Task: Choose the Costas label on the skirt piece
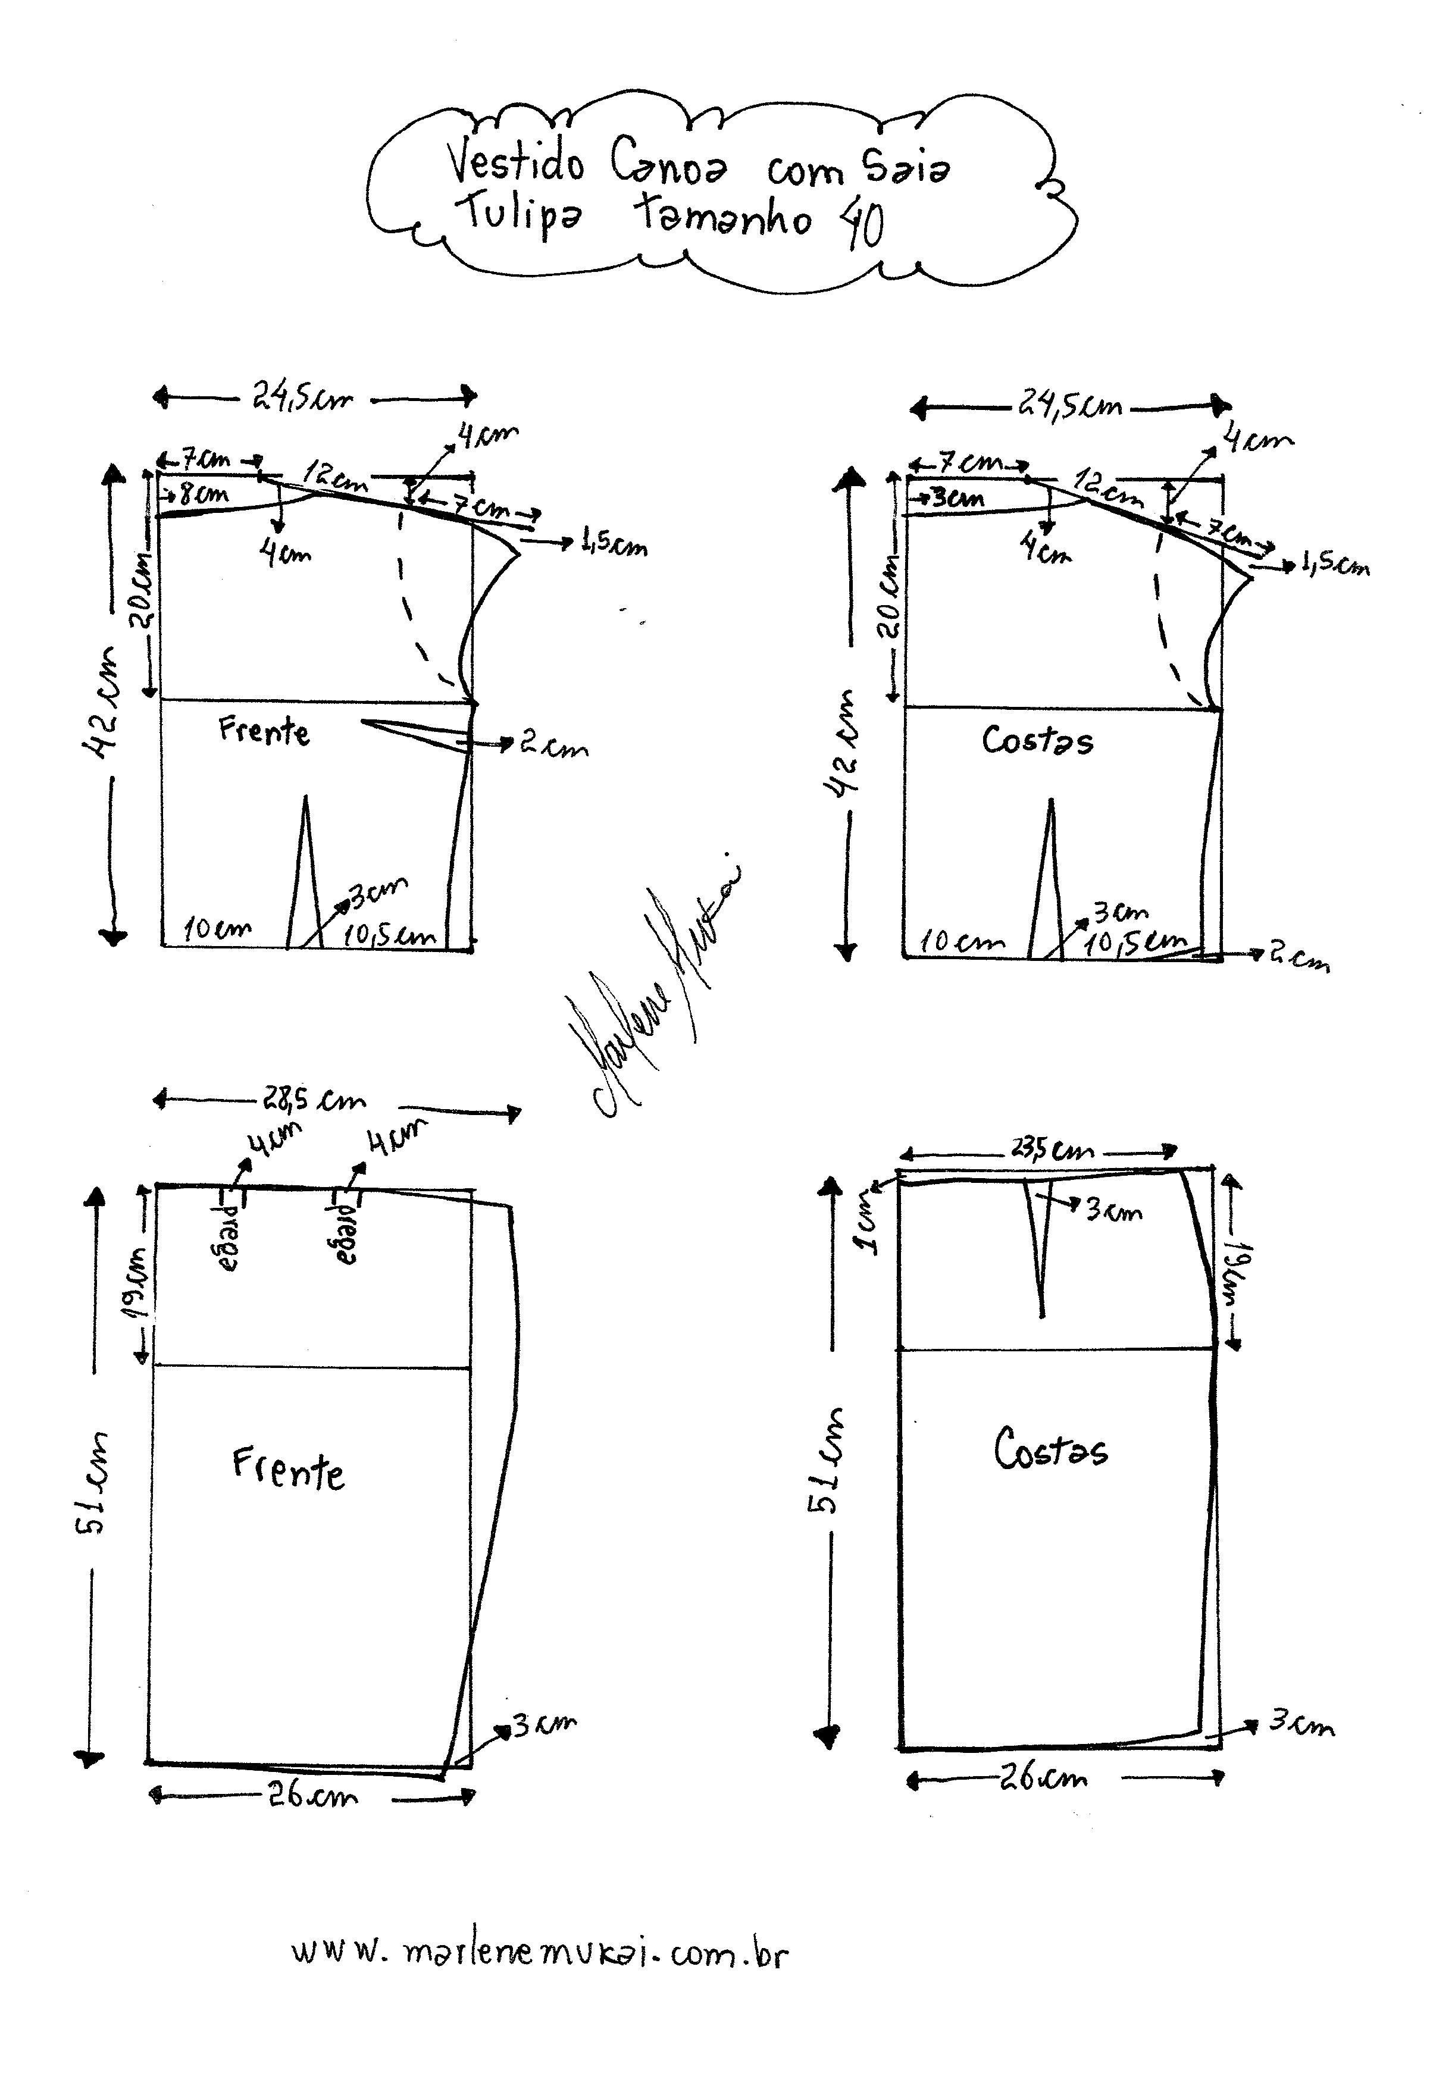[x=1050, y=1449]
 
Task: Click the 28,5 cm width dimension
[x=314, y=1100]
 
